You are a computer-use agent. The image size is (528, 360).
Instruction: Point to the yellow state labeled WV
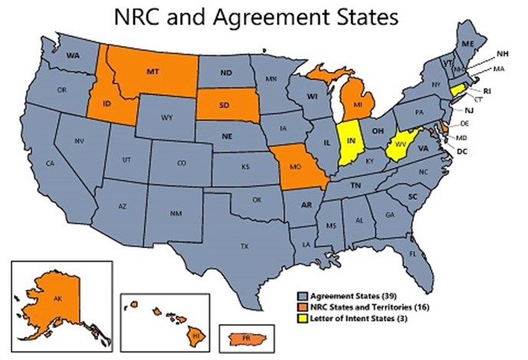pyautogui.click(x=398, y=143)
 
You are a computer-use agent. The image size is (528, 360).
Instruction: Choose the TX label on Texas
pyautogui.click(x=244, y=246)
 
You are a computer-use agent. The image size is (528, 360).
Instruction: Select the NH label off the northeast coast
pyautogui.click(x=502, y=54)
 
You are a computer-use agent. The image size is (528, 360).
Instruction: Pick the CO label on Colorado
pyautogui.click(x=181, y=162)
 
